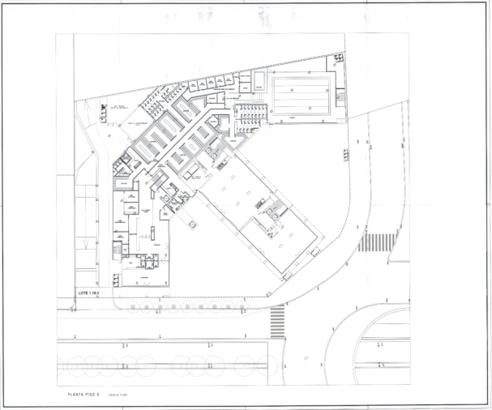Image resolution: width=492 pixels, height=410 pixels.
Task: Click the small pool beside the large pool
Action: pos(258,80)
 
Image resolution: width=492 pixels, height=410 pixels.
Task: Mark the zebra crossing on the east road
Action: pos(377,241)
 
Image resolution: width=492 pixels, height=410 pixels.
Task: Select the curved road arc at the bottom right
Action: pos(381,324)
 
